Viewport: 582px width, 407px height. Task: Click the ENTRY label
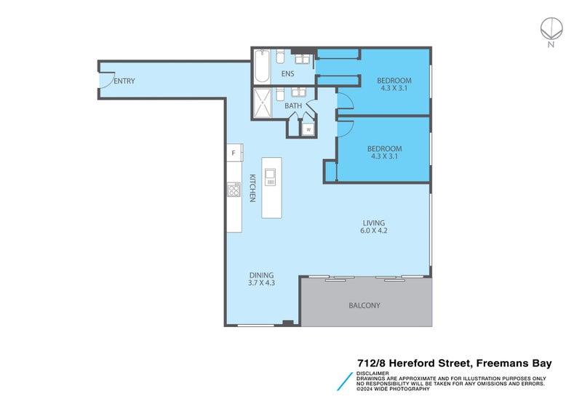(124, 81)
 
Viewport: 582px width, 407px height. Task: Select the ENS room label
(288, 74)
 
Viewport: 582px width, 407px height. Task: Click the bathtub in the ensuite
(262, 67)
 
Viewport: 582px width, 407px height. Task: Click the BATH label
(293, 106)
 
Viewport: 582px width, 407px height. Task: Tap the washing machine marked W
(308, 129)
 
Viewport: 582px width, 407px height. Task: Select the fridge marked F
(233, 153)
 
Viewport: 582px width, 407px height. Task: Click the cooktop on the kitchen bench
(234, 190)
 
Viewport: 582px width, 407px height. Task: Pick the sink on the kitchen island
(271, 177)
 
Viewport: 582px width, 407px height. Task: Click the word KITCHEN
(253, 188)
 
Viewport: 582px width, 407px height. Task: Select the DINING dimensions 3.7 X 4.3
(262, 283)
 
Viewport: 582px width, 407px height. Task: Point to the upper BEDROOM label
(394, 80)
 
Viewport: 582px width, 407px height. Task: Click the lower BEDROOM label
(386, 149)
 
